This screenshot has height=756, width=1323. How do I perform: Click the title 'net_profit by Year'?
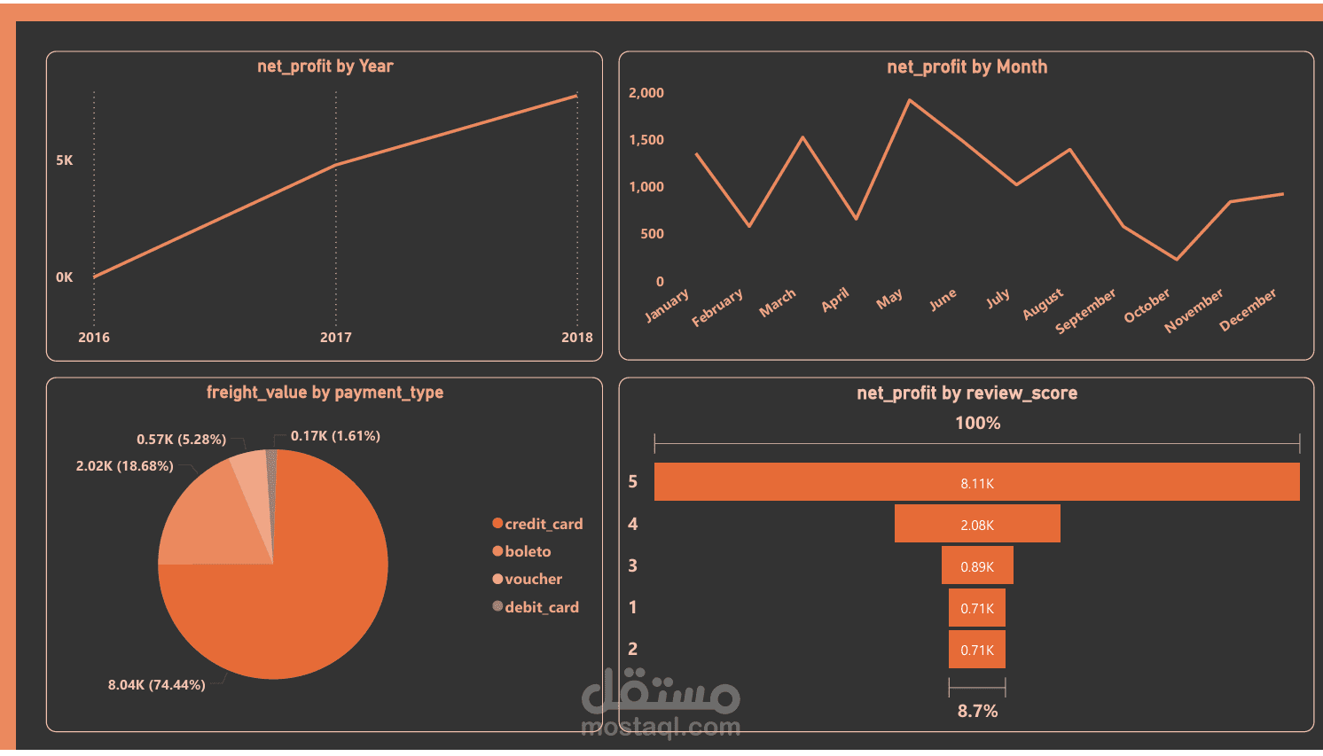(x=325, y=66)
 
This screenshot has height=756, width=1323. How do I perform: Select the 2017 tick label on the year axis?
(x=335, y=337)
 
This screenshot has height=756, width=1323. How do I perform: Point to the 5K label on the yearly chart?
(x=64, y=160)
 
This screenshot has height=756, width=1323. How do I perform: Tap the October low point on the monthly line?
(x=1177, y=259)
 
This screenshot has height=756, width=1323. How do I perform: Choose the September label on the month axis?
(x=1085, y=310)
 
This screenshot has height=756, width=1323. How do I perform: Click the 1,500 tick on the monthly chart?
(x=646, y=140)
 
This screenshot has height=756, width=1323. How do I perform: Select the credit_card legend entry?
(x=537, y=524)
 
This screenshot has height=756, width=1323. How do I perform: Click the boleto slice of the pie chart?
(x=204, y=523)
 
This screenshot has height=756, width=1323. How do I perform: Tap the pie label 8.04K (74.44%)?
(x=157, y=685)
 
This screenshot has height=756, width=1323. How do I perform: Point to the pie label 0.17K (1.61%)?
(x=335, y=436)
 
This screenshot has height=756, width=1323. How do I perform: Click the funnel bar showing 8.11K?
(x=976, y=482)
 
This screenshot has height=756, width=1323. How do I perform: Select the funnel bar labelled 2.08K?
(x=976, y=524)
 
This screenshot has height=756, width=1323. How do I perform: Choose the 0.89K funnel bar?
(x=976, y=565)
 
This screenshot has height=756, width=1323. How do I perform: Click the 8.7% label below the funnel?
(x=977, y=711)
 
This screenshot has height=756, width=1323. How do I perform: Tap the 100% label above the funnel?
(x=977, y=424)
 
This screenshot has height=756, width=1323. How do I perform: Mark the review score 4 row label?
(x=632, y=524)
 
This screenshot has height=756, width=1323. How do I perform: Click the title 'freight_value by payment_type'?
(x=325, y=393)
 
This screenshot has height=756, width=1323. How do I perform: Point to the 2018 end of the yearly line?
(x=576, y=96)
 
